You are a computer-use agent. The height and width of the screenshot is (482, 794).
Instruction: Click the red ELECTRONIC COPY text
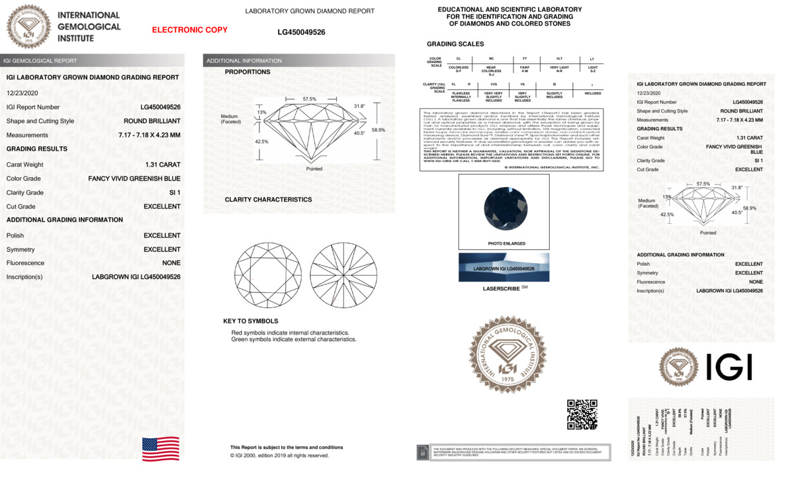[190, 30]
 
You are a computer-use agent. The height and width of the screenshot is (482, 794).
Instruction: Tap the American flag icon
[161, 449]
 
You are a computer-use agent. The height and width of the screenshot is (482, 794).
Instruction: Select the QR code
[582, 414]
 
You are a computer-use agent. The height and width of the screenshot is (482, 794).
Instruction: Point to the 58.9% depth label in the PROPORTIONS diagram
[378, 130]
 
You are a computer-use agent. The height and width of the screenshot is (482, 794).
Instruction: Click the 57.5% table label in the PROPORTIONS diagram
[310, 99]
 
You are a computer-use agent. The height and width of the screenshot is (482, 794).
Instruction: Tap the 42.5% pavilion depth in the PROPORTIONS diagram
[262, 141]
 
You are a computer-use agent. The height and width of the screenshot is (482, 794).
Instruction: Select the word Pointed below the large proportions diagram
[314, 169]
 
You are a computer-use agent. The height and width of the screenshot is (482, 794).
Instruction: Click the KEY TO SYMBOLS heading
[251, 321]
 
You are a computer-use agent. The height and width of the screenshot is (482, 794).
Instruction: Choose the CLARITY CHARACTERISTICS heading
[268, 200]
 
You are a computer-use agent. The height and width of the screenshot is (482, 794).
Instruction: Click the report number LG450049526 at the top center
[301, 32]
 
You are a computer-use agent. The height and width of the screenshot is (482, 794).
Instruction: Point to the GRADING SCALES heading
[455, 44]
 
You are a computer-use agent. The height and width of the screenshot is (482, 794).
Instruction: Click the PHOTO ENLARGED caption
[507, 243]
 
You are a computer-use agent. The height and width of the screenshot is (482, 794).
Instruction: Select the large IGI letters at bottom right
[729, 367]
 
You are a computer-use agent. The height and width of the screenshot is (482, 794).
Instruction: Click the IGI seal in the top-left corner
[28, 26]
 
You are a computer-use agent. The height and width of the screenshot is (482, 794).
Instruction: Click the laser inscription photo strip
[504, 268]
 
